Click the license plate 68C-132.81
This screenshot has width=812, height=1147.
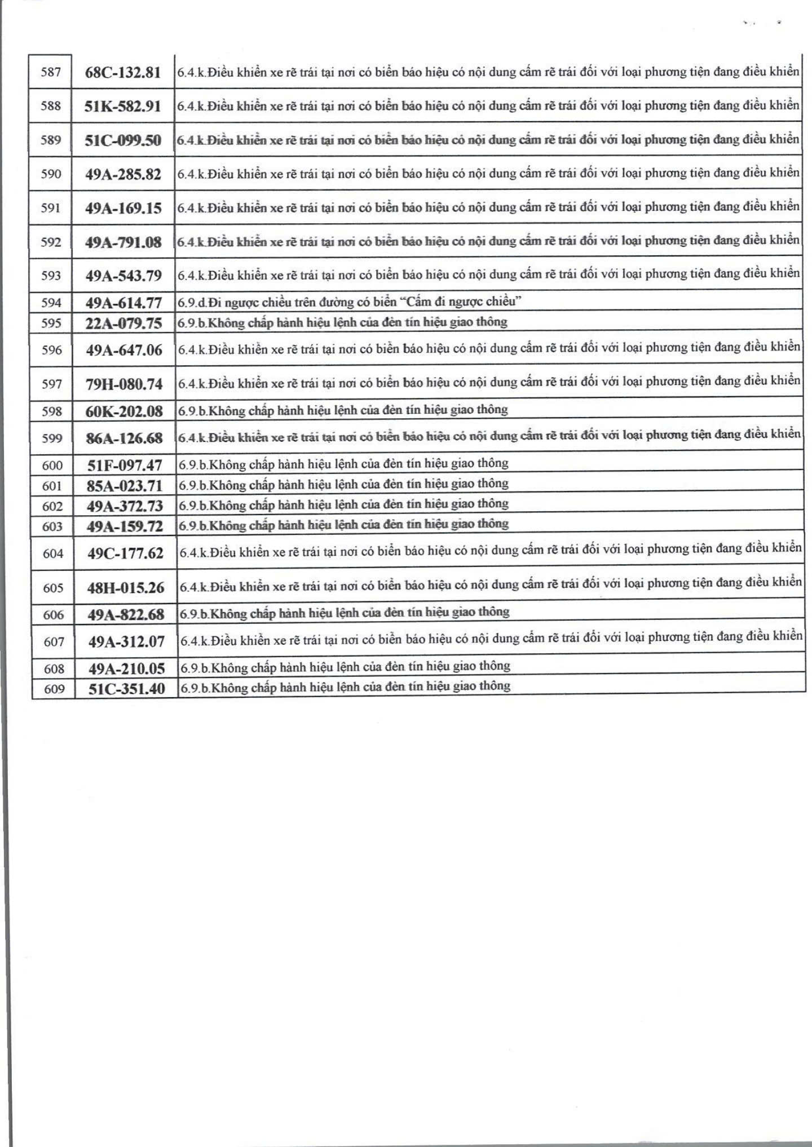(123, 73)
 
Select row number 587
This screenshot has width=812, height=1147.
(51, 72)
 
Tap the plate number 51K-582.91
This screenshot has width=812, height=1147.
(123, 107)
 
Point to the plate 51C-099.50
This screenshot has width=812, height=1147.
(123, 140)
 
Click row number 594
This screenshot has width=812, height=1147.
(51, 303)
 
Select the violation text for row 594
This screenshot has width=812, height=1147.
(350, 302)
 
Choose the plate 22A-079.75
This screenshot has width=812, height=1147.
(123, 324)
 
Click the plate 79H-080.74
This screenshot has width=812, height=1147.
(124, 384)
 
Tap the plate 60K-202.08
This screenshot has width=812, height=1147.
(124, 411)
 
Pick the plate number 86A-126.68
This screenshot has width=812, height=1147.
(125, 439)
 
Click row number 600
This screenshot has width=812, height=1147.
(52, 466)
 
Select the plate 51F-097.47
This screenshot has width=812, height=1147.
(125, 466)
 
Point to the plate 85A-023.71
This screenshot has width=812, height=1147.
(125, 486)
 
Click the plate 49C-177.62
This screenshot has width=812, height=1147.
(125, 553)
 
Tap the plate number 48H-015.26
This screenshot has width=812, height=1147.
(126, 588)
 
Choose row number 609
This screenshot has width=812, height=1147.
(54, 689)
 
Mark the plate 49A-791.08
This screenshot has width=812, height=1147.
(123, 242)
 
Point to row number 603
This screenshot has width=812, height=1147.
(52, 526)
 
